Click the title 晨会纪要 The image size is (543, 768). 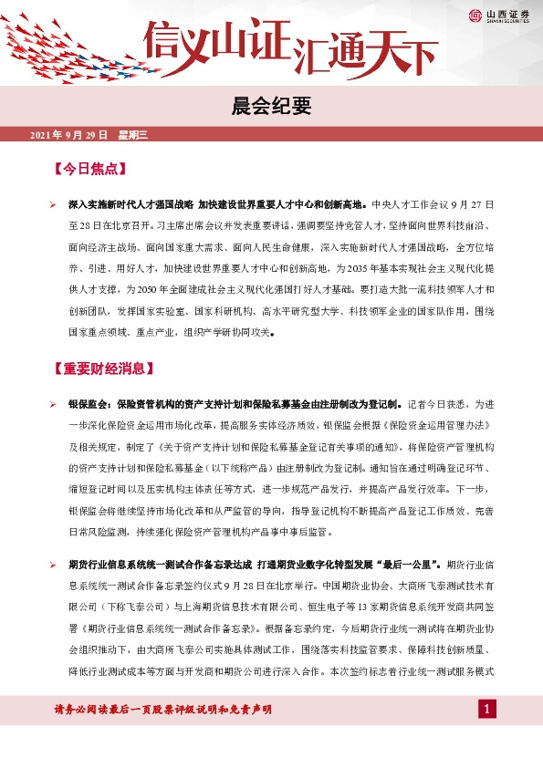coord(271,107)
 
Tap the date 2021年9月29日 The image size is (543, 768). coord(68,135)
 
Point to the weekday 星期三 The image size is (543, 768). coord(132,135)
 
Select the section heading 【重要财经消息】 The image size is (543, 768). coord(102,369)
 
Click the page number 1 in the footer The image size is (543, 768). coord(488,709)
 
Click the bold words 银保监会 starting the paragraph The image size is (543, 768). coord(89,402)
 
